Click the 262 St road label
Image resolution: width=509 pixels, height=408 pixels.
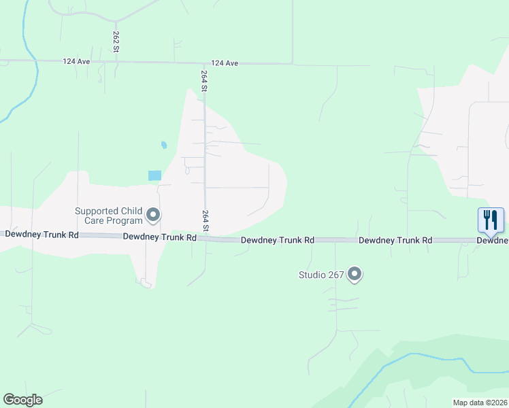click(x=116, y=41)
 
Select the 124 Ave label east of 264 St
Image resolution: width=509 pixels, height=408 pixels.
click(x=225, y=63)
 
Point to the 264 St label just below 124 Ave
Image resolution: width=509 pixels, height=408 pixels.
click(x=204, y=81)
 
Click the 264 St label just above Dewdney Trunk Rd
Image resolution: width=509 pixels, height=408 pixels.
click(x=205, y=220)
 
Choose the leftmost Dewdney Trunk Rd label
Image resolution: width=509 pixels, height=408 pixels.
click(x=42, y=234)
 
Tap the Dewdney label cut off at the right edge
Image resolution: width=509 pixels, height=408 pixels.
click(x=492, y=240)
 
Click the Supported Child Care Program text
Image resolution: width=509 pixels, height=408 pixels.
click(x=109, y=216)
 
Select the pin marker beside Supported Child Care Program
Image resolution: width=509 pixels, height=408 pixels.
click(x=154, y=216)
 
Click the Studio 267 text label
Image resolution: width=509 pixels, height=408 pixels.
click(x=321, y=275)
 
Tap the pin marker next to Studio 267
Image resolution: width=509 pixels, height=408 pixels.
click(x=355, y=274)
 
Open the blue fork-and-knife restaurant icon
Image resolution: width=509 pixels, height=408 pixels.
click(x=491, y=220)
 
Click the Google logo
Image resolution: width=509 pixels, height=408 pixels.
click(x=22, y=400)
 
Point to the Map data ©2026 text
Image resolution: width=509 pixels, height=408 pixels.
click(x=479, y=403)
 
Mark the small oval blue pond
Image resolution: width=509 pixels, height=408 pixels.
click(x=163, y=145)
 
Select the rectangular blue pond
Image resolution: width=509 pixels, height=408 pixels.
click(x=154, y=175)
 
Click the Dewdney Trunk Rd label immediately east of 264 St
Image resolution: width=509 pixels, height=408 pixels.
click(x=278, y=240)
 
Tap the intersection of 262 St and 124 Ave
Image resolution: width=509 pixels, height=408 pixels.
click(x=116, y=62)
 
